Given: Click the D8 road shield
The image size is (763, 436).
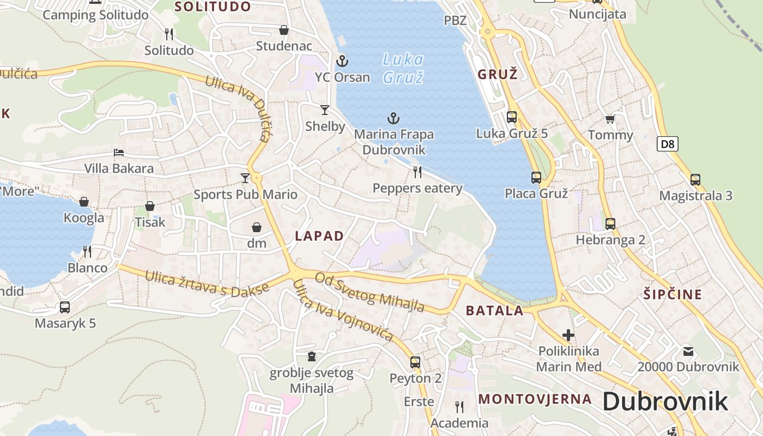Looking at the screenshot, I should [667, 144].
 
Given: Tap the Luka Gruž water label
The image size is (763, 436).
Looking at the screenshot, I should [403, 68].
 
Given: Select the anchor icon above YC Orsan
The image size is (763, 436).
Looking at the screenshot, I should [342, 60].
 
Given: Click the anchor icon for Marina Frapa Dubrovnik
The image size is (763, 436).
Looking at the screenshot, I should [393, 118].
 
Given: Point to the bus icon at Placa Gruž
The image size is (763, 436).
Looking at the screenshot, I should [536, 177].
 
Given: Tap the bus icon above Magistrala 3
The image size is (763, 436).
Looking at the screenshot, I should [695, 179].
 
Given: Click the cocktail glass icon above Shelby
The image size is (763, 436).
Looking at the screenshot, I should [325, 110].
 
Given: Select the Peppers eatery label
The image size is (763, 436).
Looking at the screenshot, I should [417, 189].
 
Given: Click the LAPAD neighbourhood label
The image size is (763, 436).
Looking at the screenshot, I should [319, 236].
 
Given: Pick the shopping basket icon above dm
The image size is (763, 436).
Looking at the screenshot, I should [257, 227].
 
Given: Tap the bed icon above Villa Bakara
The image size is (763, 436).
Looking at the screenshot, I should [119, 153].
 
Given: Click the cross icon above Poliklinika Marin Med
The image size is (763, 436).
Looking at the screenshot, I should [568, 335].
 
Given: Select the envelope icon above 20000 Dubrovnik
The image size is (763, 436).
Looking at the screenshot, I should [688, 351].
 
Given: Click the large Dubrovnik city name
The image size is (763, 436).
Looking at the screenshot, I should [665, 402].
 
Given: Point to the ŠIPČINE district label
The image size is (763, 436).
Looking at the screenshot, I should [673, 295].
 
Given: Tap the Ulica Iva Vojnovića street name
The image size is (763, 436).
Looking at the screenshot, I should [343, 312].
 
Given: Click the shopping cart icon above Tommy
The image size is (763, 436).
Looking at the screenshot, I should [610, 119].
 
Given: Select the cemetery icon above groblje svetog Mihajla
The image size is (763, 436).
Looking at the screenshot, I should [312, 356].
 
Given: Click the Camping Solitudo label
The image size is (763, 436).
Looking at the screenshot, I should [95, 15].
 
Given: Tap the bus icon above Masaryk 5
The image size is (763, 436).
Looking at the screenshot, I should [65, 307].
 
